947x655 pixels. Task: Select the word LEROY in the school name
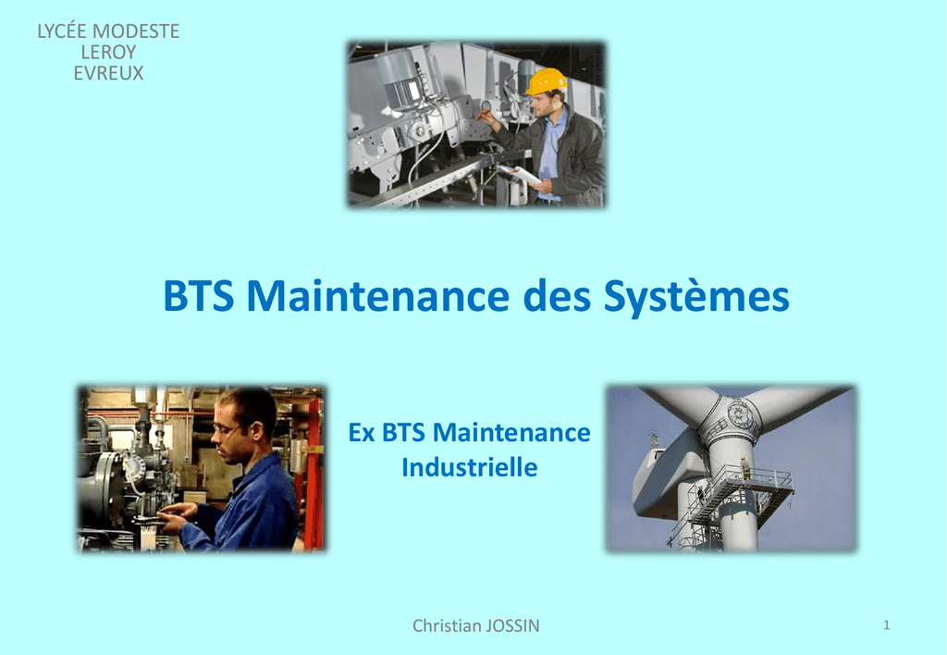tap(109, 52)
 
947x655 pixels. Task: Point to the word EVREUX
tap(109, 73)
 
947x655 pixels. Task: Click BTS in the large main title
tap(199, 295)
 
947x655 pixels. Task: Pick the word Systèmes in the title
tap(696, 297)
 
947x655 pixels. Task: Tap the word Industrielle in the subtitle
tap(469, 467)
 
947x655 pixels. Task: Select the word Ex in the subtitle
tap(362, 433)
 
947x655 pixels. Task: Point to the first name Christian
tap(447, 625)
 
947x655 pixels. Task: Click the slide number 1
tap(886, 624)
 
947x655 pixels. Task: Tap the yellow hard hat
tap(546, 81)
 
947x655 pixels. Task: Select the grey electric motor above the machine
tap(400, 78)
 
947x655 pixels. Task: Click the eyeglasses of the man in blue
tap(226, 429)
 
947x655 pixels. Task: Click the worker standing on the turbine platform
tap(745, 468)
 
